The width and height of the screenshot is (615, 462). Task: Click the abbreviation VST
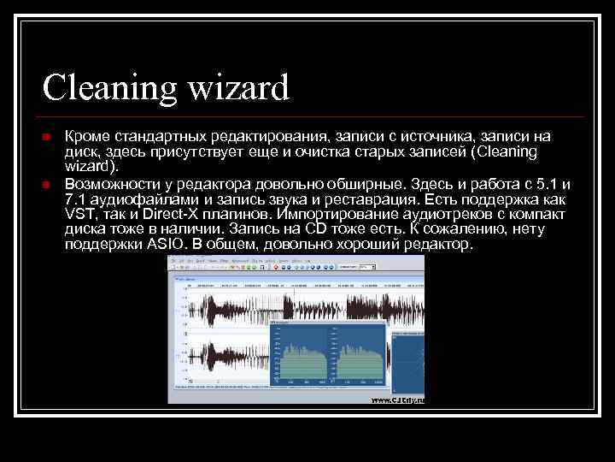click(x=79, y=215)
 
